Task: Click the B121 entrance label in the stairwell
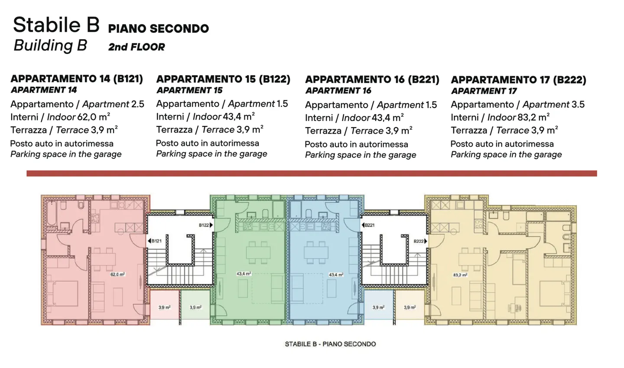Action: pyautogui.click(x=156, y=241)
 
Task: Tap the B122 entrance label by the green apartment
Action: pyautogui.click(x=205, y=225)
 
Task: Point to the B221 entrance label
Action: pyautogui.click(x=369, y=225)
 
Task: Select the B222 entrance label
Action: pyautogui.click(x=419, y=241)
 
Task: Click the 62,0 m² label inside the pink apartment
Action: pyautogui.click(x=117, y=275)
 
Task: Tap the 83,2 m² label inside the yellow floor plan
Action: pyautogui.click(x=460, y=275)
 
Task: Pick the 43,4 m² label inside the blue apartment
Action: pyautogui.click(x=336, y=275)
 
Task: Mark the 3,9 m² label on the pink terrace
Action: pyautogui.click(x=164, y=307)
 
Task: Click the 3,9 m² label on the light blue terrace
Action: pyautogui.click(x=378, y=307)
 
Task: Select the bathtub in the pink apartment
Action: pyautogui.click(x=51, y=213)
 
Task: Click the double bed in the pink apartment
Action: pyautogui.click(x=63, y=294)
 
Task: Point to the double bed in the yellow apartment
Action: pyautogui.click(x=555, y=294)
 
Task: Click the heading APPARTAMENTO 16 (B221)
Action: pyautogui.click(x=372, y=79)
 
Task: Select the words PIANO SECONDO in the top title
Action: pyautogui.click(x=158, y=29)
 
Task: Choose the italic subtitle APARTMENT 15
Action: pyautogui.click(x=189, y=90)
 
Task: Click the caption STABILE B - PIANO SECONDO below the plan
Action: pyautogui.click(x=330, y=344)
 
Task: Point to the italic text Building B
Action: pyautogui.click(x=50, y=46)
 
